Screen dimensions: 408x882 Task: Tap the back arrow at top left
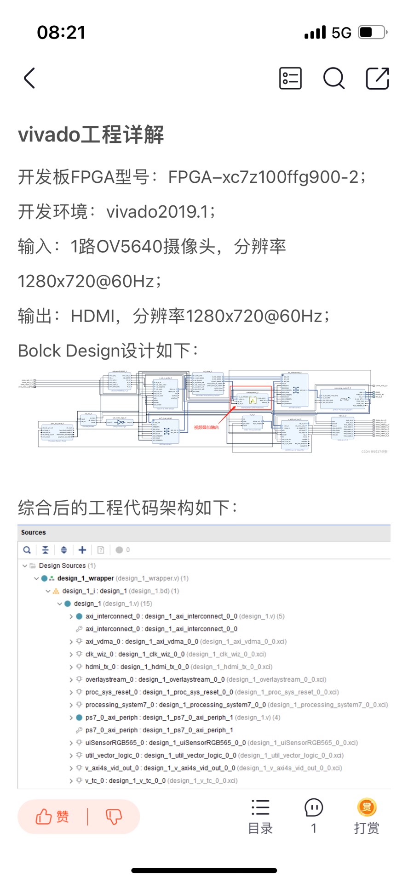tap(29, 78)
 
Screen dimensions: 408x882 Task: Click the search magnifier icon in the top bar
tap(333, 78)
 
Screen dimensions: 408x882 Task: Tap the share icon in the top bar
tap(377, 78)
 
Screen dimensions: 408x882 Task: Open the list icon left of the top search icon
tap(290, 78)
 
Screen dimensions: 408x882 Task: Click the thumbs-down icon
tap(114, 817)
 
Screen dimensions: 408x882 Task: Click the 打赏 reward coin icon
tap(367, 807)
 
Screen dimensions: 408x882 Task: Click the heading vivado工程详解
tap(91, 135)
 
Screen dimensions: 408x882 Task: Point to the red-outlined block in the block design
tap(251, 398)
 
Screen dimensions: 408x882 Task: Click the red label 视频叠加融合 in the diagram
tap(207, 427)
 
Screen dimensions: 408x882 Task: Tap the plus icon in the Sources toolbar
tap(82, 550)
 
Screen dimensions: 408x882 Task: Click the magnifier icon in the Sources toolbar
tap(27, 550)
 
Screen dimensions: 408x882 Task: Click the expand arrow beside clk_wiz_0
tap(71, 654)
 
